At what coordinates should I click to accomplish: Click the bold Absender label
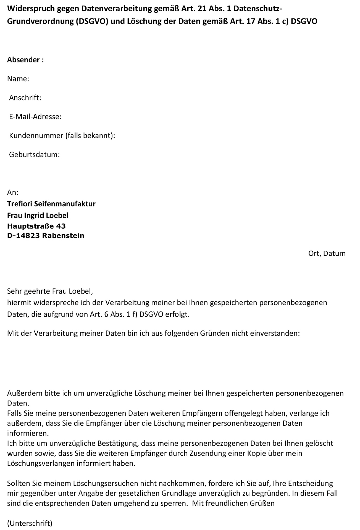pos(25,60)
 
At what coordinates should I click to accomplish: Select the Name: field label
pos(18,79)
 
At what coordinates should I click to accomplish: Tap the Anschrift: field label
pos(25,98)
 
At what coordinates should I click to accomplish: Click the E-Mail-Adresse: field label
pos(35,117)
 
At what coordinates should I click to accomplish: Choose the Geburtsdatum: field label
pos(34,155)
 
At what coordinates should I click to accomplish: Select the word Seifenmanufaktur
pos(65,204)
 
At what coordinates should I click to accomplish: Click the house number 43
pos(61,226)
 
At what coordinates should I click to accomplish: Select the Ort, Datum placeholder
pos(327,253)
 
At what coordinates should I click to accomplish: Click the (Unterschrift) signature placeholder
pos(30,523)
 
